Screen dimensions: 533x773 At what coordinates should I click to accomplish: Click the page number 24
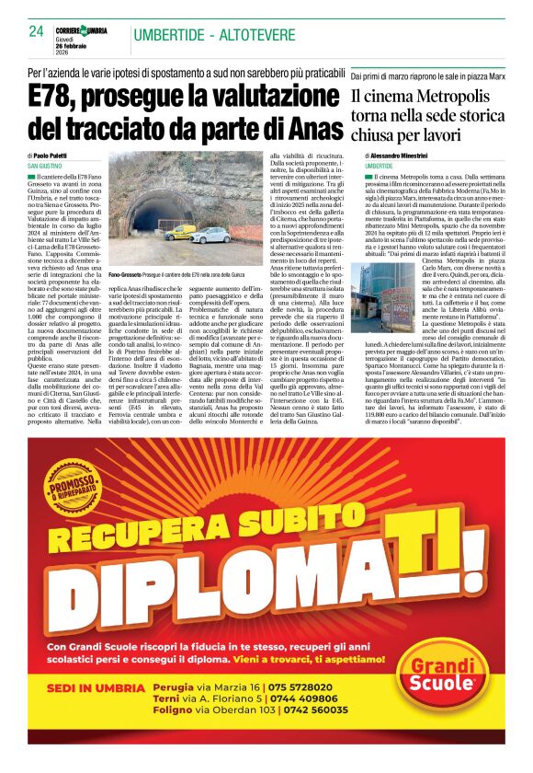coord(37,30)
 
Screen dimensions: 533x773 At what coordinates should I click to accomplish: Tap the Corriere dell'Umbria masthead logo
coord(88,31)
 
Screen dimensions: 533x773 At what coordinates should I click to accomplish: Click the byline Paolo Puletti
coord(56,156)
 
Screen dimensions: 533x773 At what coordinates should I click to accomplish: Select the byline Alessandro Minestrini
coord(403,156)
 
